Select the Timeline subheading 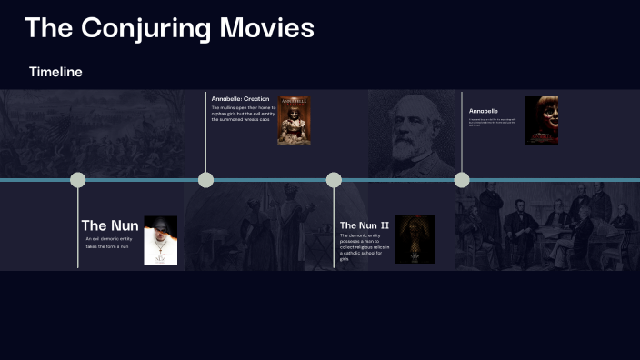click(55, 72)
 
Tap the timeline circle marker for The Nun click(78, 180)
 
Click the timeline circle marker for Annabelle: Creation click(206, 180)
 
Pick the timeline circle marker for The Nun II click(334, 180)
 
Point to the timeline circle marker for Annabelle click(462, 180)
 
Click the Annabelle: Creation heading click(240, 98)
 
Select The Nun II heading click(364, 225)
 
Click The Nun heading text click(110, 225)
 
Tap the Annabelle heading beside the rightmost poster click(484, 111)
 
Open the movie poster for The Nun click(161, 240)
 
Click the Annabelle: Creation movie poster click(295, 120)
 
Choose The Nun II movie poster click(415, 239)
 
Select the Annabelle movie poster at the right click(541, 121)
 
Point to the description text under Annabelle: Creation click(242, 114)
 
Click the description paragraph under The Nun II click(362, 246)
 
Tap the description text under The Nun click(109, 243)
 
